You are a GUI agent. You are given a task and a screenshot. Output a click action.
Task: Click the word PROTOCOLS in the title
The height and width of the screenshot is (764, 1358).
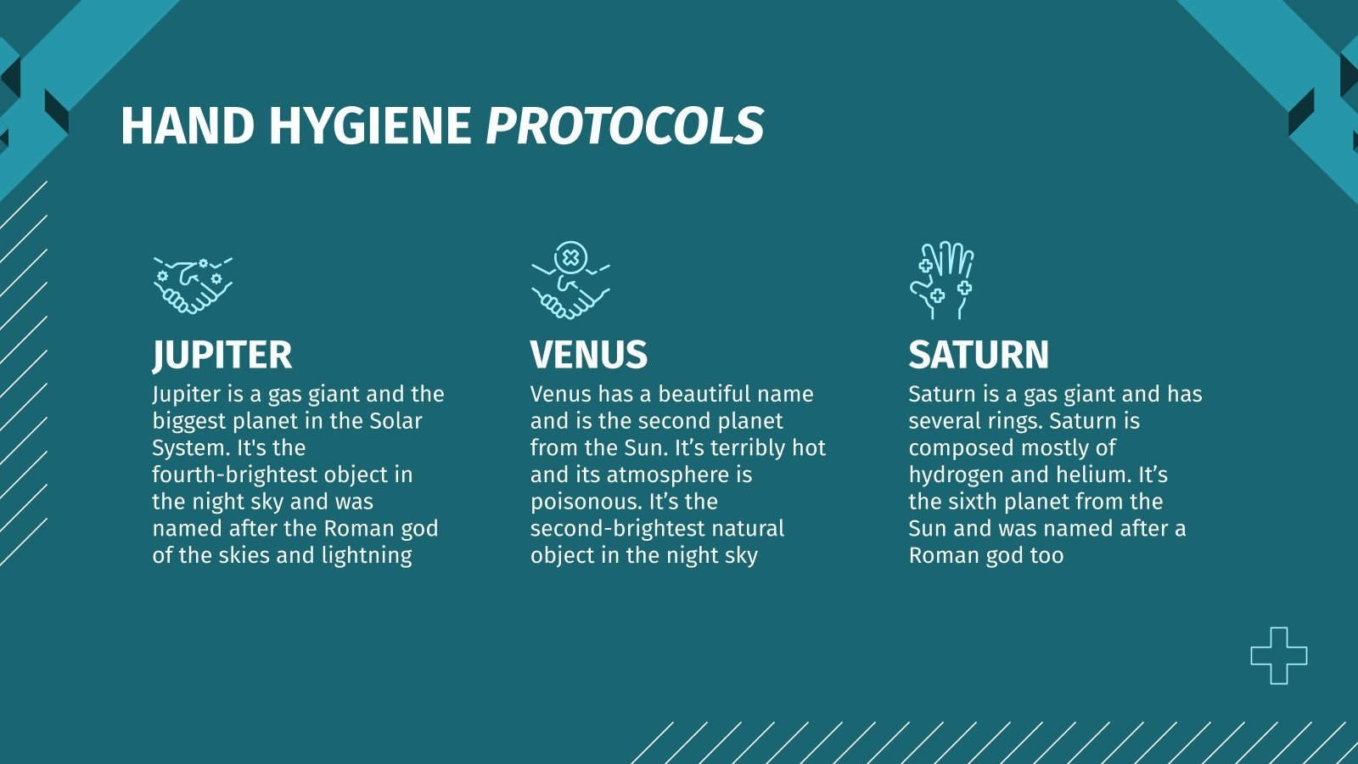(625, 126)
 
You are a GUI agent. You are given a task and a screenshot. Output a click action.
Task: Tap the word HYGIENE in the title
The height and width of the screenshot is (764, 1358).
(370, 126)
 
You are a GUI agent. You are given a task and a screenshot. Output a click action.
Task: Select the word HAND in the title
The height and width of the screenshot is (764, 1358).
(188, 126)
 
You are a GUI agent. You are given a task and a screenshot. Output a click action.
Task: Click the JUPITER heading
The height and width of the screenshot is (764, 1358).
(222, 355)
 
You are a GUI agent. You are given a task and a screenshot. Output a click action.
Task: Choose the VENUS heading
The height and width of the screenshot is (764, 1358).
(589, 355)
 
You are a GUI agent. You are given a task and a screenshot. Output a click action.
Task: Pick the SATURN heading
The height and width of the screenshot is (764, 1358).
(979, 355)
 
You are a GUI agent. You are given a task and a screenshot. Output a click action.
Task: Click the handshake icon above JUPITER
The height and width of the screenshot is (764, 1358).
(193, 285)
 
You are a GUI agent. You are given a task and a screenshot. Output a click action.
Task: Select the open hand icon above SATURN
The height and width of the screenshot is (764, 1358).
(943, 280)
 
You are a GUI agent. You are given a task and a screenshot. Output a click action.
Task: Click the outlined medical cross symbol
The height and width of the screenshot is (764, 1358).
(1278, 655)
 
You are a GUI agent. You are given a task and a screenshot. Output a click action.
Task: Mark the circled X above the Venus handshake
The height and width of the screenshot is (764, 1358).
(571, 257)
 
